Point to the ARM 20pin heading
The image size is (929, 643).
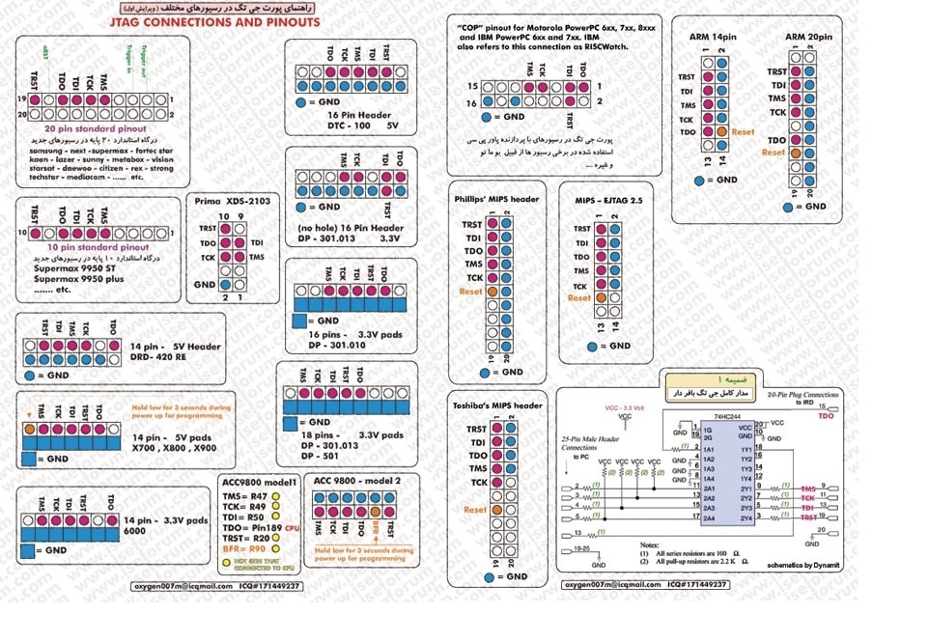coord(808,37)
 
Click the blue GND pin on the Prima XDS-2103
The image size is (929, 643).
coord(226,285)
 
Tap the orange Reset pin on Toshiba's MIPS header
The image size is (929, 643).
coord(496,509)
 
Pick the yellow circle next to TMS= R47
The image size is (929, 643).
coord(275,495)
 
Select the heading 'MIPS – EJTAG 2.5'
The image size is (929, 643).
coord(608,200)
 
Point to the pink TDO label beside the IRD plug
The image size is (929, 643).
coord(825,415)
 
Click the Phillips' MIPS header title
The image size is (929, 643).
coord(496,200)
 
